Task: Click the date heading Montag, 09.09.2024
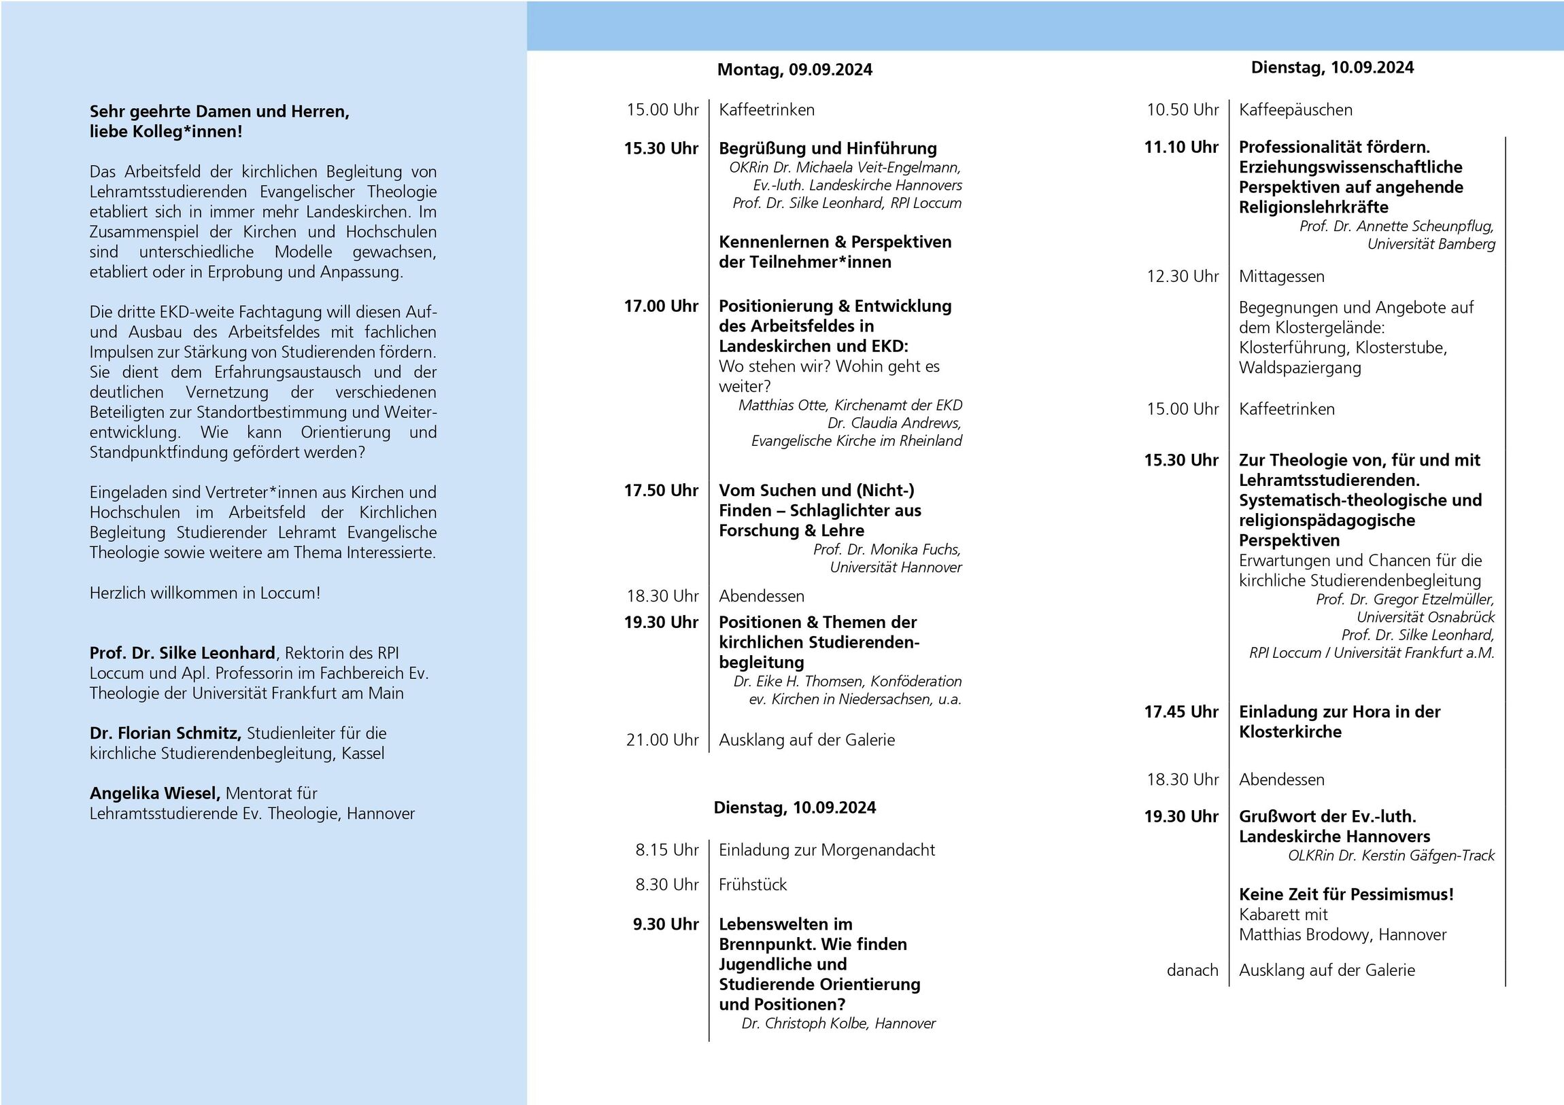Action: pyautogui.click(x=794, y=69)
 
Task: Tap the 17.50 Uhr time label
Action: pyautogui.click(x=661, y=490)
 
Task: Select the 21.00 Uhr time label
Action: pyautogui.click(x=662, y=739)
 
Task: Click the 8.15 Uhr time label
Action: pyautogui.click(x=667, y=849)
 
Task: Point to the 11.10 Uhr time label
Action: pyautogui.click(x=1181, y=147)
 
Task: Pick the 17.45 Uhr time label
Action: pyautogui.click(x=1181, y=712)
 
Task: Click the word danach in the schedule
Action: pyautogui.click(x=1192, y=970)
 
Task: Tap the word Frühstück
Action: pyautogui.click(x=753, y=884)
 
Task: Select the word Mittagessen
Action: pyautogui.click(x=1281, y=277)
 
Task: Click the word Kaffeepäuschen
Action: pyautogui.click(x=1295, y=109)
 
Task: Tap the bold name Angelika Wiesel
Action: pyautogui.click(x=155, y=793)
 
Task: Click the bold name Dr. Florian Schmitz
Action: pyautogui.click(x=165, y=733)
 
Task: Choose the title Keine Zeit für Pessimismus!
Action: pyautogui.click(x=1346, y=894)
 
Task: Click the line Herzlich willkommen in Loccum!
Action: pyautogui.click(x=205, y=593)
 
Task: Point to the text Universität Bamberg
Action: pyautogui.click(x=1431, y=244)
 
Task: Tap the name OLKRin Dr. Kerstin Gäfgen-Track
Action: pyautogui.click(x=1391, y=855)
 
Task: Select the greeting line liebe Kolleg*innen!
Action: pyautogui.click(x=165, y=131)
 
